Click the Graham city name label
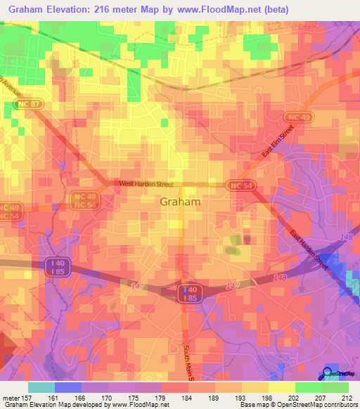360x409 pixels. pyautogui.click(x=181, y=201)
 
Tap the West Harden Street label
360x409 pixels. pyautogui.click(x=146, y=184)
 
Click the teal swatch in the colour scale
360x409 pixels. pyautogui.click(x=41, y=387)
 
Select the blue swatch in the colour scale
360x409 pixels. pyautogui.click(x=68, y=387)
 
